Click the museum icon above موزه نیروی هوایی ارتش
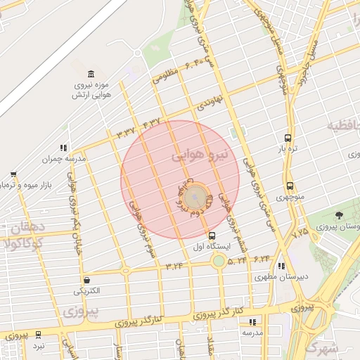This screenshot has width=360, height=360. point(92,74)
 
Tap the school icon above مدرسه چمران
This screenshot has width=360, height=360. point(63,148)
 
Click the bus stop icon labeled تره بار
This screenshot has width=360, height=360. point(288,138)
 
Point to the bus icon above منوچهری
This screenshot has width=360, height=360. point(290,186)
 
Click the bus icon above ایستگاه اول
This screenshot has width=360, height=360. point(212,236)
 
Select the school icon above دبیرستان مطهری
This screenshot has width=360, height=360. point(282,266)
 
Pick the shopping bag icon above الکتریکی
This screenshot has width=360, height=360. point(86,279)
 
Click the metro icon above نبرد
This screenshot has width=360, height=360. point(38,335)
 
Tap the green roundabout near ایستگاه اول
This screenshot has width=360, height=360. point(219,262)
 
